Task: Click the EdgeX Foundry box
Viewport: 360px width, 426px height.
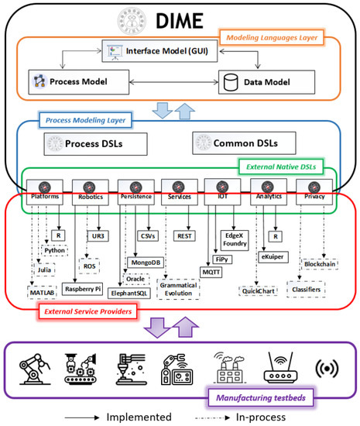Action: click(233, 239)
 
